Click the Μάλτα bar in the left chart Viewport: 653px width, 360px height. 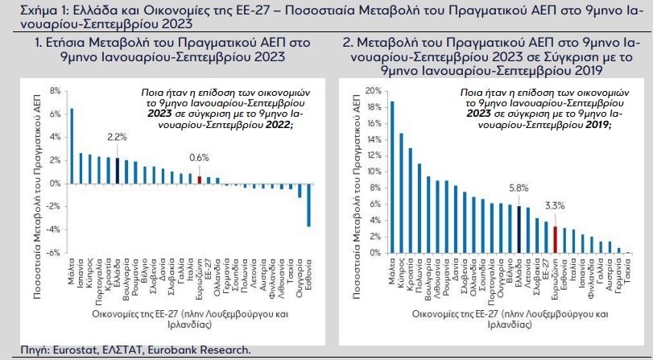point(71,146)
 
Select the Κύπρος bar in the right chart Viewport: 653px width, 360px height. point(401,193)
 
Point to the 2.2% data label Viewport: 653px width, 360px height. point(118,138)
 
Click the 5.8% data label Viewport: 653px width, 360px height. point(519,188)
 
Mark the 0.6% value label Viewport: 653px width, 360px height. point(199,158)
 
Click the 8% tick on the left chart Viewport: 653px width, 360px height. point(56,91)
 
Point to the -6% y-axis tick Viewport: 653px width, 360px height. point(55,253)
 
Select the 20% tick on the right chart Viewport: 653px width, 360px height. point(372,91)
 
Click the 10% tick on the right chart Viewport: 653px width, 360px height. point(372,172)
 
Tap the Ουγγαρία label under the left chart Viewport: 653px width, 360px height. point(298,279)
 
